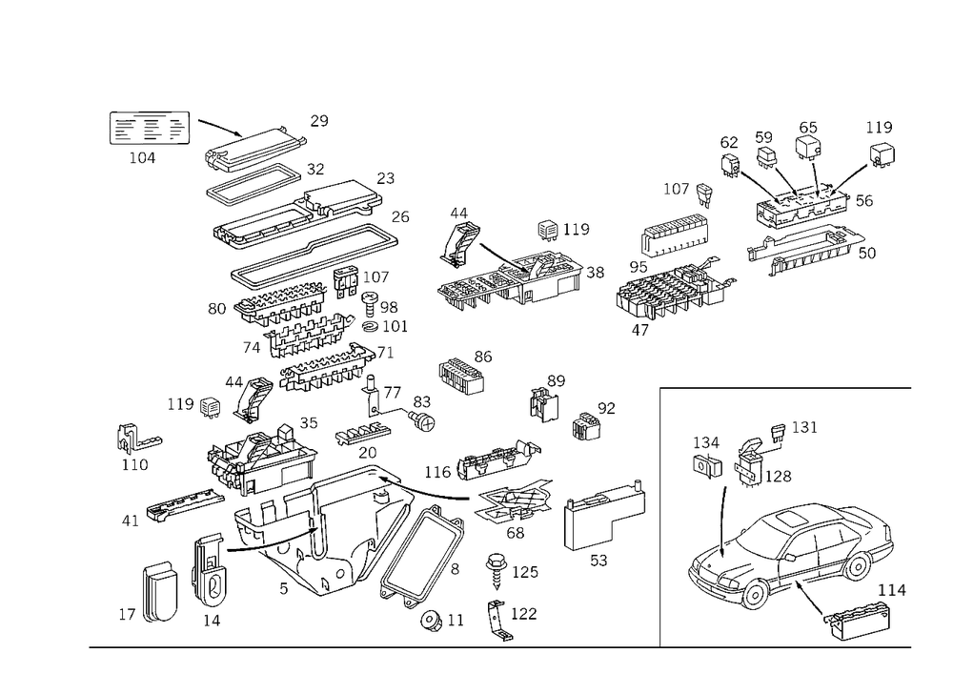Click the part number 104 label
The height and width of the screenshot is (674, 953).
(142, 158)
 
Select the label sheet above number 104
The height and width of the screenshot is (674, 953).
(150, 128)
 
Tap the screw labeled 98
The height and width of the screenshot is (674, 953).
(370, 301)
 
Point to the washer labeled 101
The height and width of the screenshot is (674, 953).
(370, 327)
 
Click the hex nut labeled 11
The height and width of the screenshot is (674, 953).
(432, 620)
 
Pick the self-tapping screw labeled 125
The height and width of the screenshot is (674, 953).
(497, 571)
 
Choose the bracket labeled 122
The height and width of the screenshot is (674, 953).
(499, 621)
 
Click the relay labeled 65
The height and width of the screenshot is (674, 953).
(808, 147)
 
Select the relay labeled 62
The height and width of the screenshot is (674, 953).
(730, 165)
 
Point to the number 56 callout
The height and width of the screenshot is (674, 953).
(864, 201)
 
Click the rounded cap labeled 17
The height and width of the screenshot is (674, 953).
(160, 593)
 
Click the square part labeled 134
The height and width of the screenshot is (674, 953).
(707, 465)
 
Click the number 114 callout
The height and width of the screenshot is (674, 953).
(892, 590)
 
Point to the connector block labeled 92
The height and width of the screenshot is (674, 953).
(586, 425)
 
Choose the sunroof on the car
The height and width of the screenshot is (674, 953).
(792, 519)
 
